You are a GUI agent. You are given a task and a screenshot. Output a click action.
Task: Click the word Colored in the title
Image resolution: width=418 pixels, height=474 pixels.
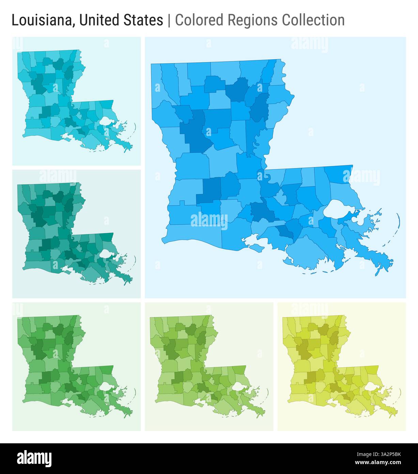pos(200,20)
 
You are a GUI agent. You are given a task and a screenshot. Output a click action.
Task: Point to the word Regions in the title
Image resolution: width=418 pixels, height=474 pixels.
pos(252,20)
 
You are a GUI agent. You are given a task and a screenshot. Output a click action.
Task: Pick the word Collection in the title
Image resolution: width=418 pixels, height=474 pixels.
pos(313,20)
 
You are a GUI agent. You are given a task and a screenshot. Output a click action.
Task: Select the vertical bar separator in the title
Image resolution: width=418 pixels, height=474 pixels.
pos(169,20)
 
